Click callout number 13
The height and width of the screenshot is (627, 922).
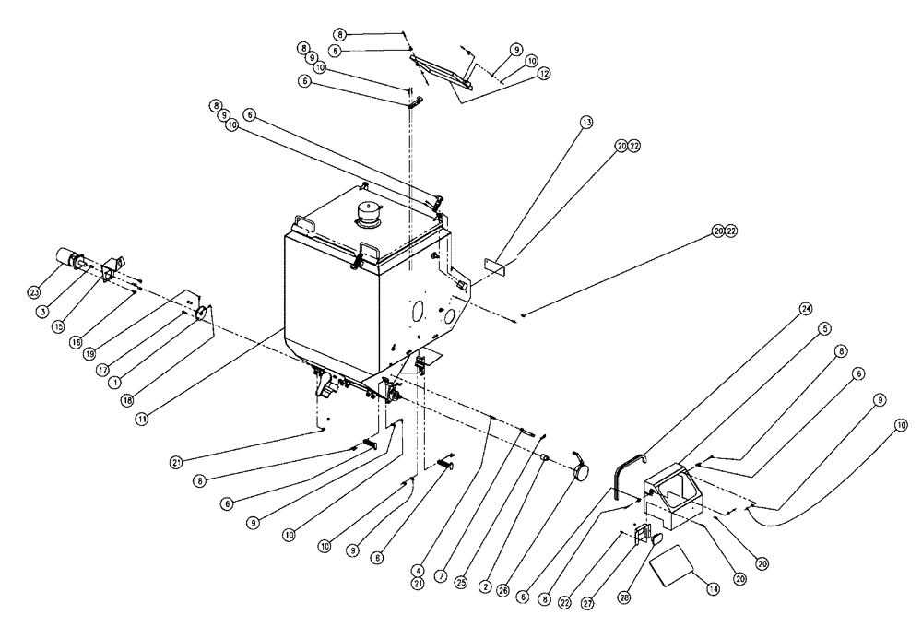[x=585, y=122]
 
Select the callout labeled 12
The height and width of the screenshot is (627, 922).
[x=544, y=72]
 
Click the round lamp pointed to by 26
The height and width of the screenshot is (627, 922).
[x=582, y=469]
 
